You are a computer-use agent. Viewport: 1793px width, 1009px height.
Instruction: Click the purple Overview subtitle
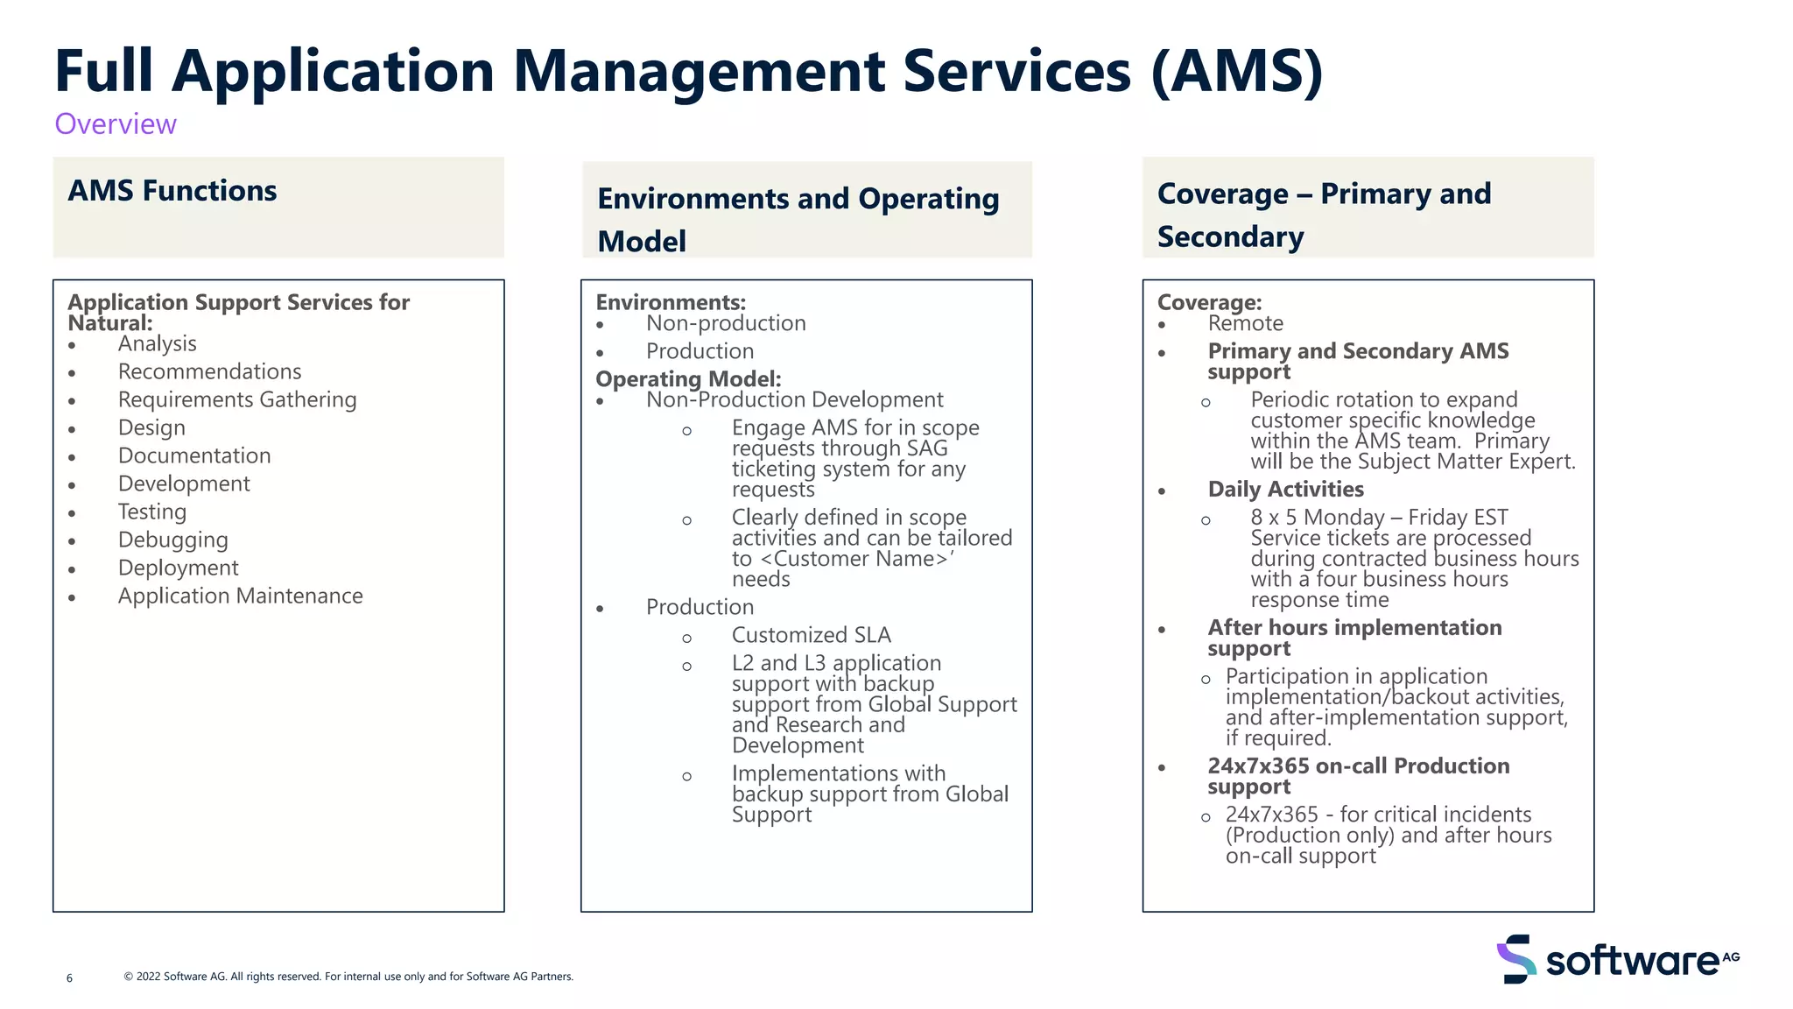tap(116, 124)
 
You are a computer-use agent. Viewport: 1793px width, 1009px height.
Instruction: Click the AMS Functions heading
tap(172, 191)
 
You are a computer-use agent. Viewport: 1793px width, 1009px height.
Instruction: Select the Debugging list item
tap(173, 540)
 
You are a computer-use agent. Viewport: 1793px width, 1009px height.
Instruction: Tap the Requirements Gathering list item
tap(237, 400)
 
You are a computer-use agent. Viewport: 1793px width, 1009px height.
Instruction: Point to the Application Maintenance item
tap(240, 596)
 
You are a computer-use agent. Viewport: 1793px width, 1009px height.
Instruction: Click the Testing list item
tap(152, 512)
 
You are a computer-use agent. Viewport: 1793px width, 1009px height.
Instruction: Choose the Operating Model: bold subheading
tap(688, 379)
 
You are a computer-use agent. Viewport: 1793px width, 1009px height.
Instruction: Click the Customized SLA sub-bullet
tap(811, 635)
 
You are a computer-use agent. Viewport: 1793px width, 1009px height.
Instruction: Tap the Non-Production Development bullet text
tap(794, 400)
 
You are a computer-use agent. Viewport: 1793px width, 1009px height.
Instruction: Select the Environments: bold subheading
tap(671, 302)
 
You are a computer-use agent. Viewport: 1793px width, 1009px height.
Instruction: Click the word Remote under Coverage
tap(1245, 323)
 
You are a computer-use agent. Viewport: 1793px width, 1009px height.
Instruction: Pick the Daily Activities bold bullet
tap(1285, 490)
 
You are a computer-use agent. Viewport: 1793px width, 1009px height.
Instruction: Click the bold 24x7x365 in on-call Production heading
tap(1258, 766)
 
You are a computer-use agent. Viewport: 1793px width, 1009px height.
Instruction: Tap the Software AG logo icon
tap(1516, 959)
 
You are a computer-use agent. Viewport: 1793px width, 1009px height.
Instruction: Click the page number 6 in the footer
tap(70, 978)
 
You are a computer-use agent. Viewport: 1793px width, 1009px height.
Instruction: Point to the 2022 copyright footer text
tap(348, 977)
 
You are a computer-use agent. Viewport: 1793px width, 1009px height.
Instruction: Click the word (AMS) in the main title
tap(1236, 72)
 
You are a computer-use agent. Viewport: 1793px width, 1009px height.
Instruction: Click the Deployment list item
tap(178, 568)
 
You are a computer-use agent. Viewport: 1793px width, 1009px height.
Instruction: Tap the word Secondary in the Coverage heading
tap(1230, 237)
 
